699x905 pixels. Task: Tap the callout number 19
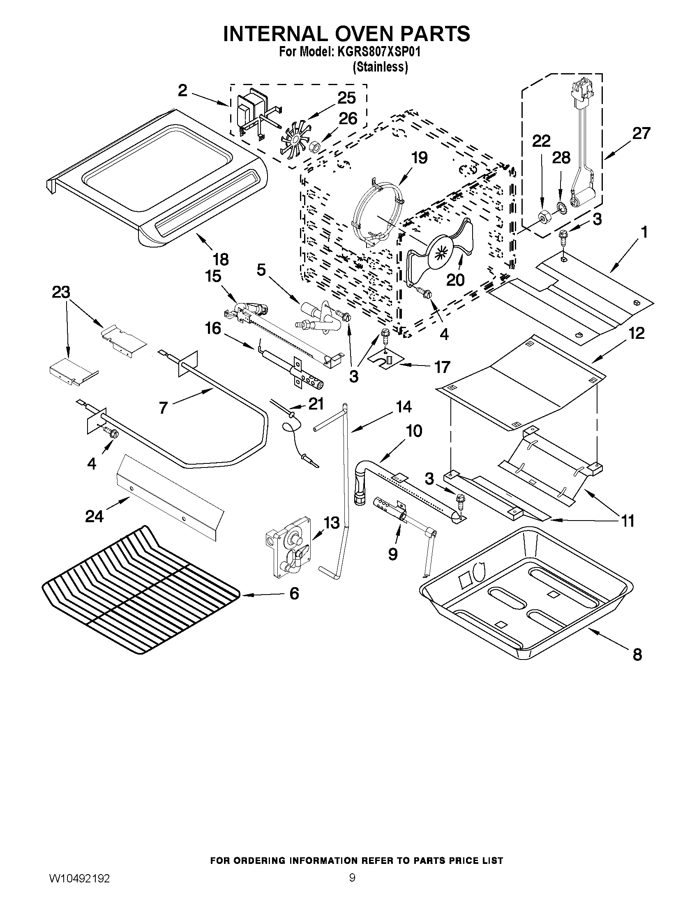point(419,158)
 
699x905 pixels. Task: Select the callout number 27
point(641,134)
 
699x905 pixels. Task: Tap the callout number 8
point(637,655)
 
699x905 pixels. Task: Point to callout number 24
point(94,516)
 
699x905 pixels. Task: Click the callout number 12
point(637,333)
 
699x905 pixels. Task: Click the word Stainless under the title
point(380,67)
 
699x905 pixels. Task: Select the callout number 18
point(221,260)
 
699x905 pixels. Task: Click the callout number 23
point(61,292)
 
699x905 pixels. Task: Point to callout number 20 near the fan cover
point(455,280)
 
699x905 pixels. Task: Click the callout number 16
point(213,329)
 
